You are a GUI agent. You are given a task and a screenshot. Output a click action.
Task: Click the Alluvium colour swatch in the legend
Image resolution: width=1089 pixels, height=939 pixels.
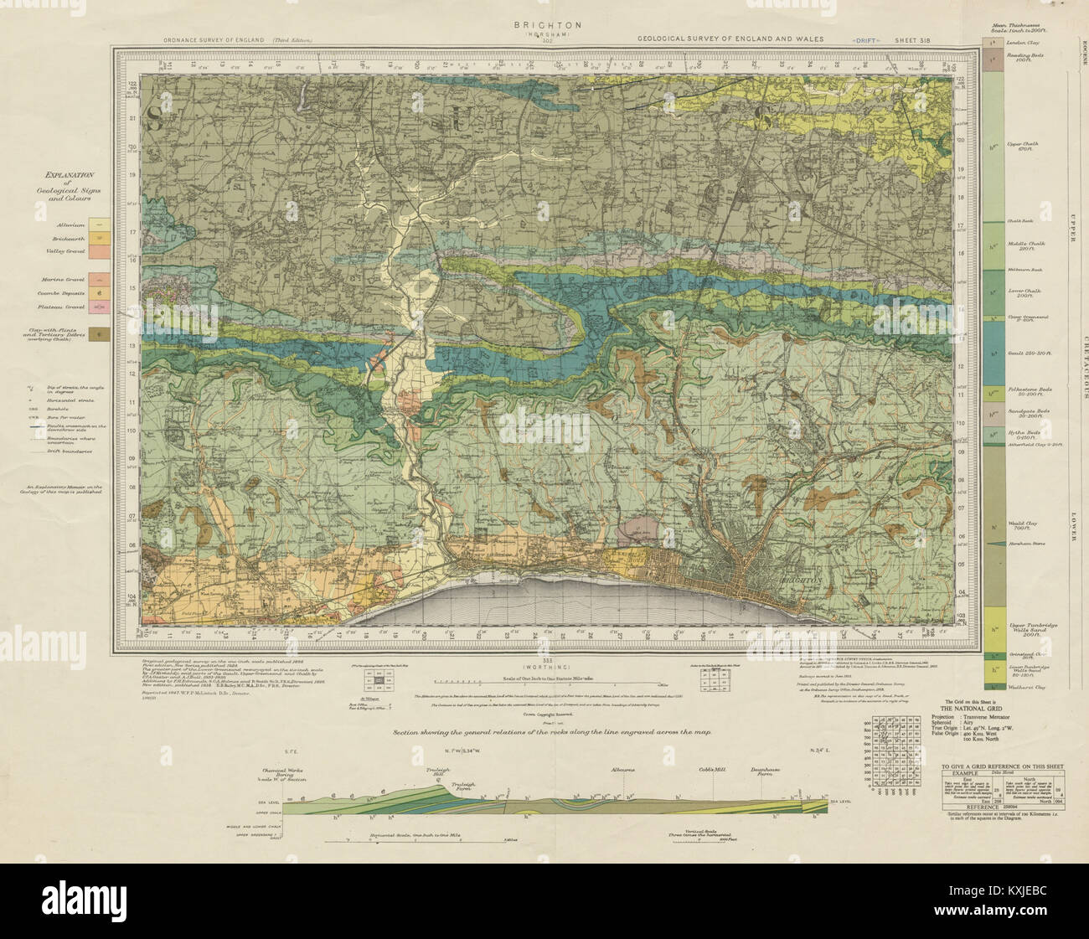tap(101, 224)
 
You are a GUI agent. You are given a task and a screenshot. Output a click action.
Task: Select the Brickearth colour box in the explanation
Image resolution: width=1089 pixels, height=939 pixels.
tap(101, 238)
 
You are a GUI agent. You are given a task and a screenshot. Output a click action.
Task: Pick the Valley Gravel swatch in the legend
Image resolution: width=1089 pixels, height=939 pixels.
tap(101, 252)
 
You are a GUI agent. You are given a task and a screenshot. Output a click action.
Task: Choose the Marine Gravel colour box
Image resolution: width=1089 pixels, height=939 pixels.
tap(101, 279)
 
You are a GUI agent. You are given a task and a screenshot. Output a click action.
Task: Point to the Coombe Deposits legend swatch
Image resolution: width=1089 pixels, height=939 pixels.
tap(101, 293)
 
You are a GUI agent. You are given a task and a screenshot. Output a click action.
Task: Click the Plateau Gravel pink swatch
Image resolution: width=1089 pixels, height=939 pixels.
tap(101, 307)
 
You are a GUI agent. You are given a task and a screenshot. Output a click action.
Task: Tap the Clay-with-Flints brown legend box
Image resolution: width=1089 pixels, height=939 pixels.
tap(101, 333)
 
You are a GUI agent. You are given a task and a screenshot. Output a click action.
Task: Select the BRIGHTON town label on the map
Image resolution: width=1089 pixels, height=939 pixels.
tap(802, 579)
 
